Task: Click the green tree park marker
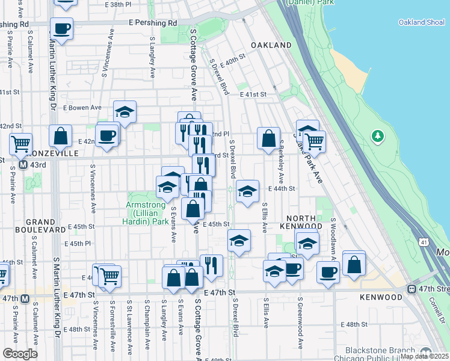point(377,136)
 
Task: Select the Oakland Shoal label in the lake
point(421,22)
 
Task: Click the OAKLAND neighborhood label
point(271,45)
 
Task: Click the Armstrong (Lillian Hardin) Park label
point(147,213)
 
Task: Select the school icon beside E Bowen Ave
point(125,112)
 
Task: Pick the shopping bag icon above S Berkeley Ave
point(268,138)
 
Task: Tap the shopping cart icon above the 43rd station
point(20,144)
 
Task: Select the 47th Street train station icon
point(413,288)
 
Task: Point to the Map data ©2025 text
point(424,356)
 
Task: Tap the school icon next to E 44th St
point(247,191)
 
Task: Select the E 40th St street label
point(233,62)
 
